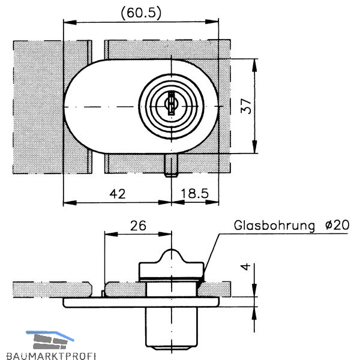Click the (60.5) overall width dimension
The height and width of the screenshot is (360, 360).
click(x=141, y=13)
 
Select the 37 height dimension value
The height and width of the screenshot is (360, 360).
click(x=246, y=106)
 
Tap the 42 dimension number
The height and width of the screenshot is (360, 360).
click(x=118, y=194)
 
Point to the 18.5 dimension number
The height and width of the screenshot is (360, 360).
click(x=195, y=194)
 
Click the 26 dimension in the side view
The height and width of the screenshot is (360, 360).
click(x=138, y=226)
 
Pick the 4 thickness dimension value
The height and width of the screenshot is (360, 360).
click(x=246, y=267)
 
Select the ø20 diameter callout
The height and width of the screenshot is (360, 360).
click(x=337, y=225)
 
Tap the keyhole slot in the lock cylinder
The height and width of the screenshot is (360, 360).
click(x=171, y=103)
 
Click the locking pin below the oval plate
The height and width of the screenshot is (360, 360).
click(x=171, y=166)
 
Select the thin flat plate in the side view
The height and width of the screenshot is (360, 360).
click(x=141, y=302)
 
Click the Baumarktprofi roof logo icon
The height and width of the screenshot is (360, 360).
click(x=50, y=340)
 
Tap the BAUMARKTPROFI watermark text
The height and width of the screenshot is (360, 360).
click(x=51, y=356)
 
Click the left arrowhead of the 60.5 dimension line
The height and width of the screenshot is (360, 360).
click(x=70, y=22)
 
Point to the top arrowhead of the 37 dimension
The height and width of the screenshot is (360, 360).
click(x=254, y=65)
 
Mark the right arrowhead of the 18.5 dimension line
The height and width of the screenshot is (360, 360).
click(x=212, y=203)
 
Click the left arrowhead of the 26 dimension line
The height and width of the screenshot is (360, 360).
click(x=111, y=234)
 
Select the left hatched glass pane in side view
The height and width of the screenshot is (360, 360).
click(x=52, y=289)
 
